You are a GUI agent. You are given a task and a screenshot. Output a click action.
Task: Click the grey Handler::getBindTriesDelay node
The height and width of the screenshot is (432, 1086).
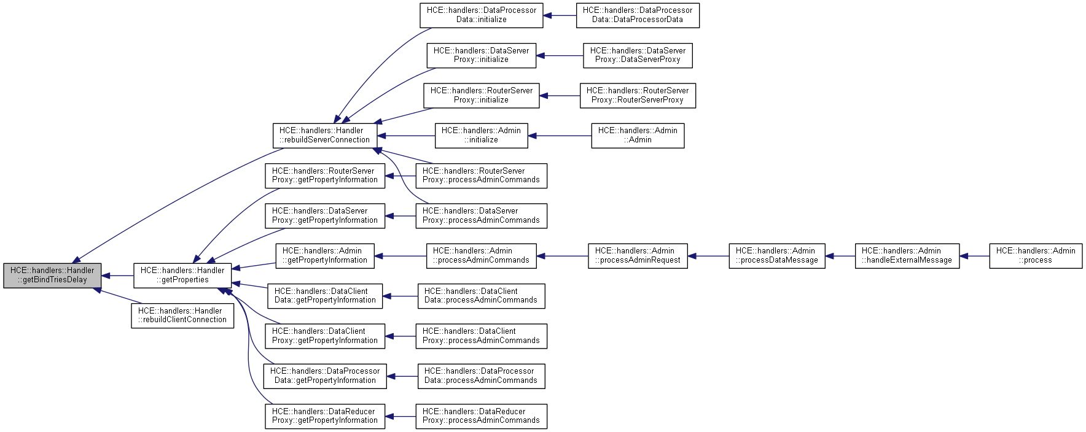click(52, 276)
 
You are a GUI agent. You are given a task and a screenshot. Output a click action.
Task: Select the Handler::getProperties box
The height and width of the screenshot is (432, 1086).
click(182, 276)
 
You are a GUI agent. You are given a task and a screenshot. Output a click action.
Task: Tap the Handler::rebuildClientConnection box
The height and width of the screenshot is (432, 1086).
click(182, 315)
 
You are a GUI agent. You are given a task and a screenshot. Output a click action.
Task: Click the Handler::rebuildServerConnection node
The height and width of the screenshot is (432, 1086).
click(325, 136)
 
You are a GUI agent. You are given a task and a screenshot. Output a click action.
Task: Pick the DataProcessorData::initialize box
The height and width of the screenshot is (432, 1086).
click(481, 15)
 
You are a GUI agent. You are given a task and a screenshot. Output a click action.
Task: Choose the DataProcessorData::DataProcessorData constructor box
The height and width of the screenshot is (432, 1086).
click(638, 15)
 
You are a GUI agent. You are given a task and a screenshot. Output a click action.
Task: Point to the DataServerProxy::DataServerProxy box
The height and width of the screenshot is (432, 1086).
click(638, 55)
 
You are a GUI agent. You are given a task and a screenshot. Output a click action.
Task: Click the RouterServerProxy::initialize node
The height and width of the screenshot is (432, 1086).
click(481, 96)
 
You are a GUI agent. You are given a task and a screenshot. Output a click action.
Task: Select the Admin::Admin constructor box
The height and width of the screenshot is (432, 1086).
click(638, 136)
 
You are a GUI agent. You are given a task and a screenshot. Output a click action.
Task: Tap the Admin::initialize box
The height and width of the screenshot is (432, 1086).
click(481, 136)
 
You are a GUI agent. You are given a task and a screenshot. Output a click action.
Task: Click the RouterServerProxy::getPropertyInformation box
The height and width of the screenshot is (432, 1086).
click(325, 175)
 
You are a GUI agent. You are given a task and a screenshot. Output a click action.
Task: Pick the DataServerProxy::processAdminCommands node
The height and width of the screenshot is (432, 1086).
click(481, 216)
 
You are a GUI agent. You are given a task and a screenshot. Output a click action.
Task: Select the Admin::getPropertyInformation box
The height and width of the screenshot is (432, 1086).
click(325, 256)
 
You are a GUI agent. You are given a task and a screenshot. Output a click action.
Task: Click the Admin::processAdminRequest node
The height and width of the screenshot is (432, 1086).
click(638, 256)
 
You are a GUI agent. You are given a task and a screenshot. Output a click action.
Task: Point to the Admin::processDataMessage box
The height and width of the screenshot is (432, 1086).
click(777, 256)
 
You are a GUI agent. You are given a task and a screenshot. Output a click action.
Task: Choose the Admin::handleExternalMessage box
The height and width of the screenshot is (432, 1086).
click(907, 256)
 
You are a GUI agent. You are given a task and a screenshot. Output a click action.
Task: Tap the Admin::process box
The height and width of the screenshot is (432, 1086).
click(1036, 256)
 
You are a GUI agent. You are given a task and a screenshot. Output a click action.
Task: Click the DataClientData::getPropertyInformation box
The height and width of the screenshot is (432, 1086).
click(325, 296)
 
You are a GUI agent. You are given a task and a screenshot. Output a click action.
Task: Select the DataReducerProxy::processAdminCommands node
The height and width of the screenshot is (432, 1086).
click(481, 416)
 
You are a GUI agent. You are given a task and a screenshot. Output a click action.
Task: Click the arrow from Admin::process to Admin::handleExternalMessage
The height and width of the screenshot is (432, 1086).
click(975, 256)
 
